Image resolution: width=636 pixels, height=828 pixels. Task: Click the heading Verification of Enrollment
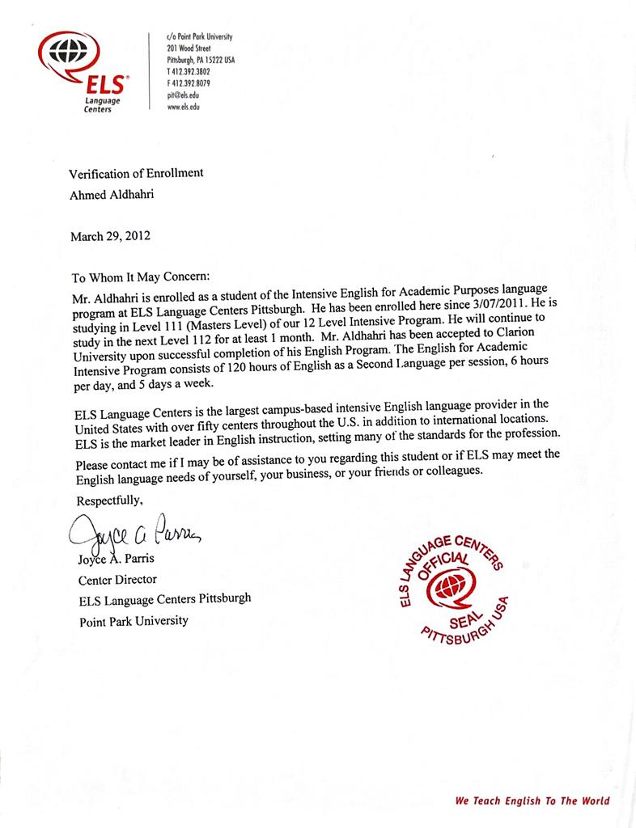pyautogui.click(x=136, y=172)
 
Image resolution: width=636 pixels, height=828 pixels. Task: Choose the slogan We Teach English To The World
pyautogui.click(x=532, y=801)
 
